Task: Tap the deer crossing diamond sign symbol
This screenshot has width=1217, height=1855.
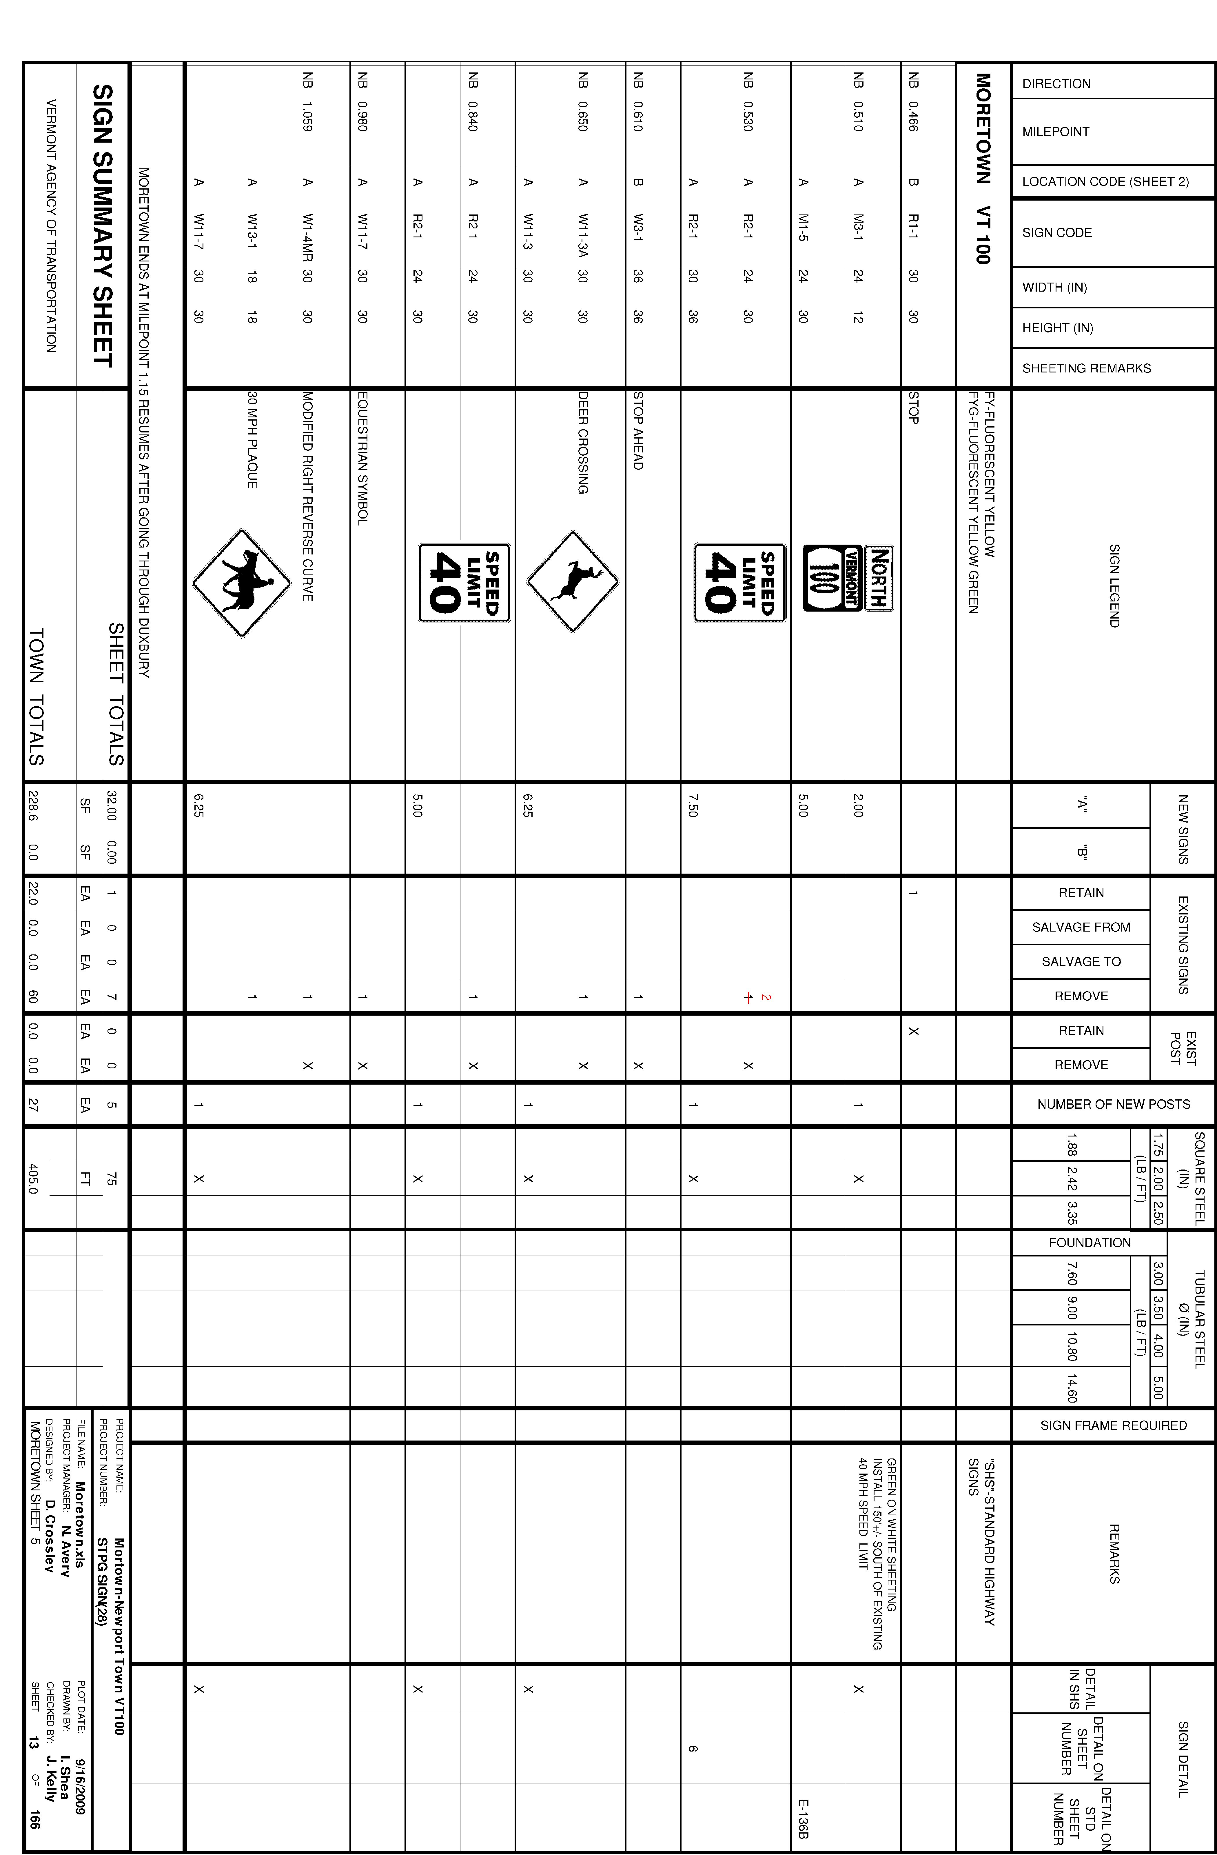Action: coord(573,581)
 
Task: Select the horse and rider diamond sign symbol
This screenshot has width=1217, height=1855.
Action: coord(242,583)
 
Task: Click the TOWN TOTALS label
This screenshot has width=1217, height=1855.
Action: coord(37,696)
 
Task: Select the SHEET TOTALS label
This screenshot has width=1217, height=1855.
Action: coord(115,694)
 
